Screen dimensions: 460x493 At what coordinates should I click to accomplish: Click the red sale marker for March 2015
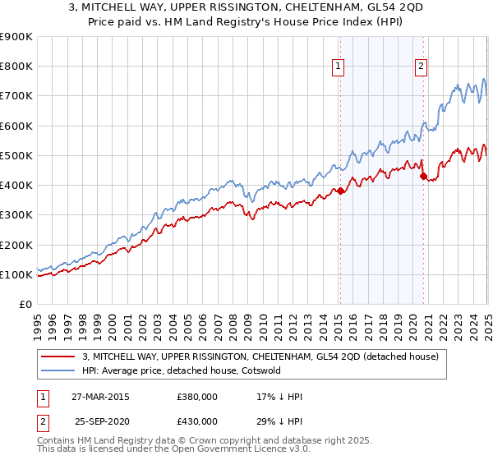coord(340,191)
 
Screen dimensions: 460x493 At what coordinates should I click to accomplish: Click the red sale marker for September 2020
coord(423,176)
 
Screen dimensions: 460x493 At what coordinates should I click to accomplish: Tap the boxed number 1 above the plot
coord(339,68)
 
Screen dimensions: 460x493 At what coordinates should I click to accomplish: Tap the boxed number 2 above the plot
coord(421,68)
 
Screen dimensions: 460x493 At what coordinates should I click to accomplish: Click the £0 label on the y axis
coord(24,305)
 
